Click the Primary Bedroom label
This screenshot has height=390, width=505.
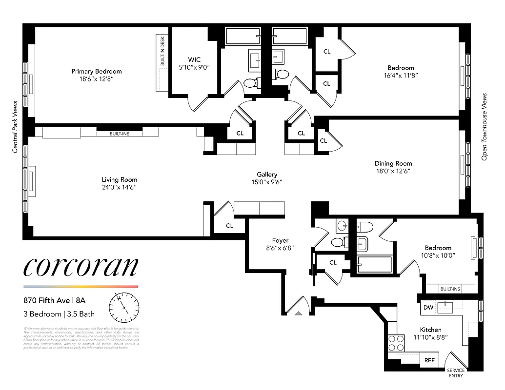coord(96,71)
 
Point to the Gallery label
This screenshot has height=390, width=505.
coord(267,174)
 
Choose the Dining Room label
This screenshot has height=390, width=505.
coord(393,163)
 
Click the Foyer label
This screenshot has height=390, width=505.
coord(280,240)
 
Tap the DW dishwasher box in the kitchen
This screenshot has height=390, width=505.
coord(428,308)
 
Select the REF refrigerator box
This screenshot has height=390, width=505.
coord(429,360)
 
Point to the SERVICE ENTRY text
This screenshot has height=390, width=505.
coord(456,373)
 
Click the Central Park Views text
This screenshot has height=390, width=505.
coord(15,127)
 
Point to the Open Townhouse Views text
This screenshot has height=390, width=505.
coord(485,127)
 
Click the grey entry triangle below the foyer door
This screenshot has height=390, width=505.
coord(299,314)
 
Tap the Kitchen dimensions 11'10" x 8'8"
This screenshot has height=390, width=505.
coord(431,337)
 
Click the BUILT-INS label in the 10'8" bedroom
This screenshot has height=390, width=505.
coord(450,289)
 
